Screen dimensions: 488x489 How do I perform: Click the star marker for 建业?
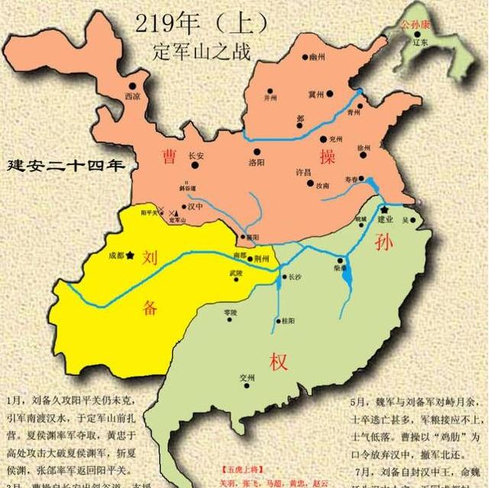tap(385, 209)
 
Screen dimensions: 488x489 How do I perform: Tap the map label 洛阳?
tap(259, 163)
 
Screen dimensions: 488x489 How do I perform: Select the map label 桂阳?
tap(288, 320)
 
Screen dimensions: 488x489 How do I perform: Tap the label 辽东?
tap(421, 44)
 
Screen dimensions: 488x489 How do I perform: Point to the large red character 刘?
tap(151, 255)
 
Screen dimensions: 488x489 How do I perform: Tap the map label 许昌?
tap(304, 174)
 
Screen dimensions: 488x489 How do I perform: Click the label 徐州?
tap(363, 148)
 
